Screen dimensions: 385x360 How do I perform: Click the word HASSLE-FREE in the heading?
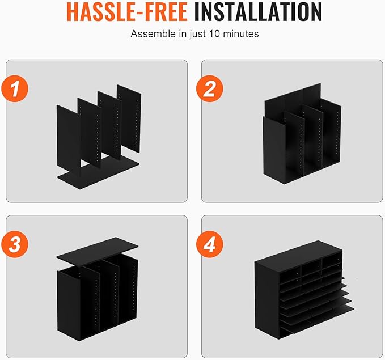tap(127, 12)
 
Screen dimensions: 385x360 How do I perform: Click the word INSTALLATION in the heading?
tap(258, 12)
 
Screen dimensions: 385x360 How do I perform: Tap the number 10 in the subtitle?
tap(214, 34)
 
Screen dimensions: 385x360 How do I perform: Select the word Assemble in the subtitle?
tap(154, 34)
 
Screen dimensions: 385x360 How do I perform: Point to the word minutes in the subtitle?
tap(240, 34)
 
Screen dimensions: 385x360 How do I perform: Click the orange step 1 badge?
tap(15, 88)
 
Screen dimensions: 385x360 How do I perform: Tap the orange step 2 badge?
tap(210, 88)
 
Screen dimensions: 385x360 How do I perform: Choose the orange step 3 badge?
tap(15, 244)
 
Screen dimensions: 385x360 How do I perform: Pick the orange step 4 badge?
tap(210, 244)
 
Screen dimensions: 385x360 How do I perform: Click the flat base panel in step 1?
tap(98, 173)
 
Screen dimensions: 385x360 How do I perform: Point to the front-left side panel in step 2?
tap(274, 150)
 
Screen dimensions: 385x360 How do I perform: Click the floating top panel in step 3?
tap(98, 251)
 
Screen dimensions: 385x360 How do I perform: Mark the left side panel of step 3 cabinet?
tap(68, 306)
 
